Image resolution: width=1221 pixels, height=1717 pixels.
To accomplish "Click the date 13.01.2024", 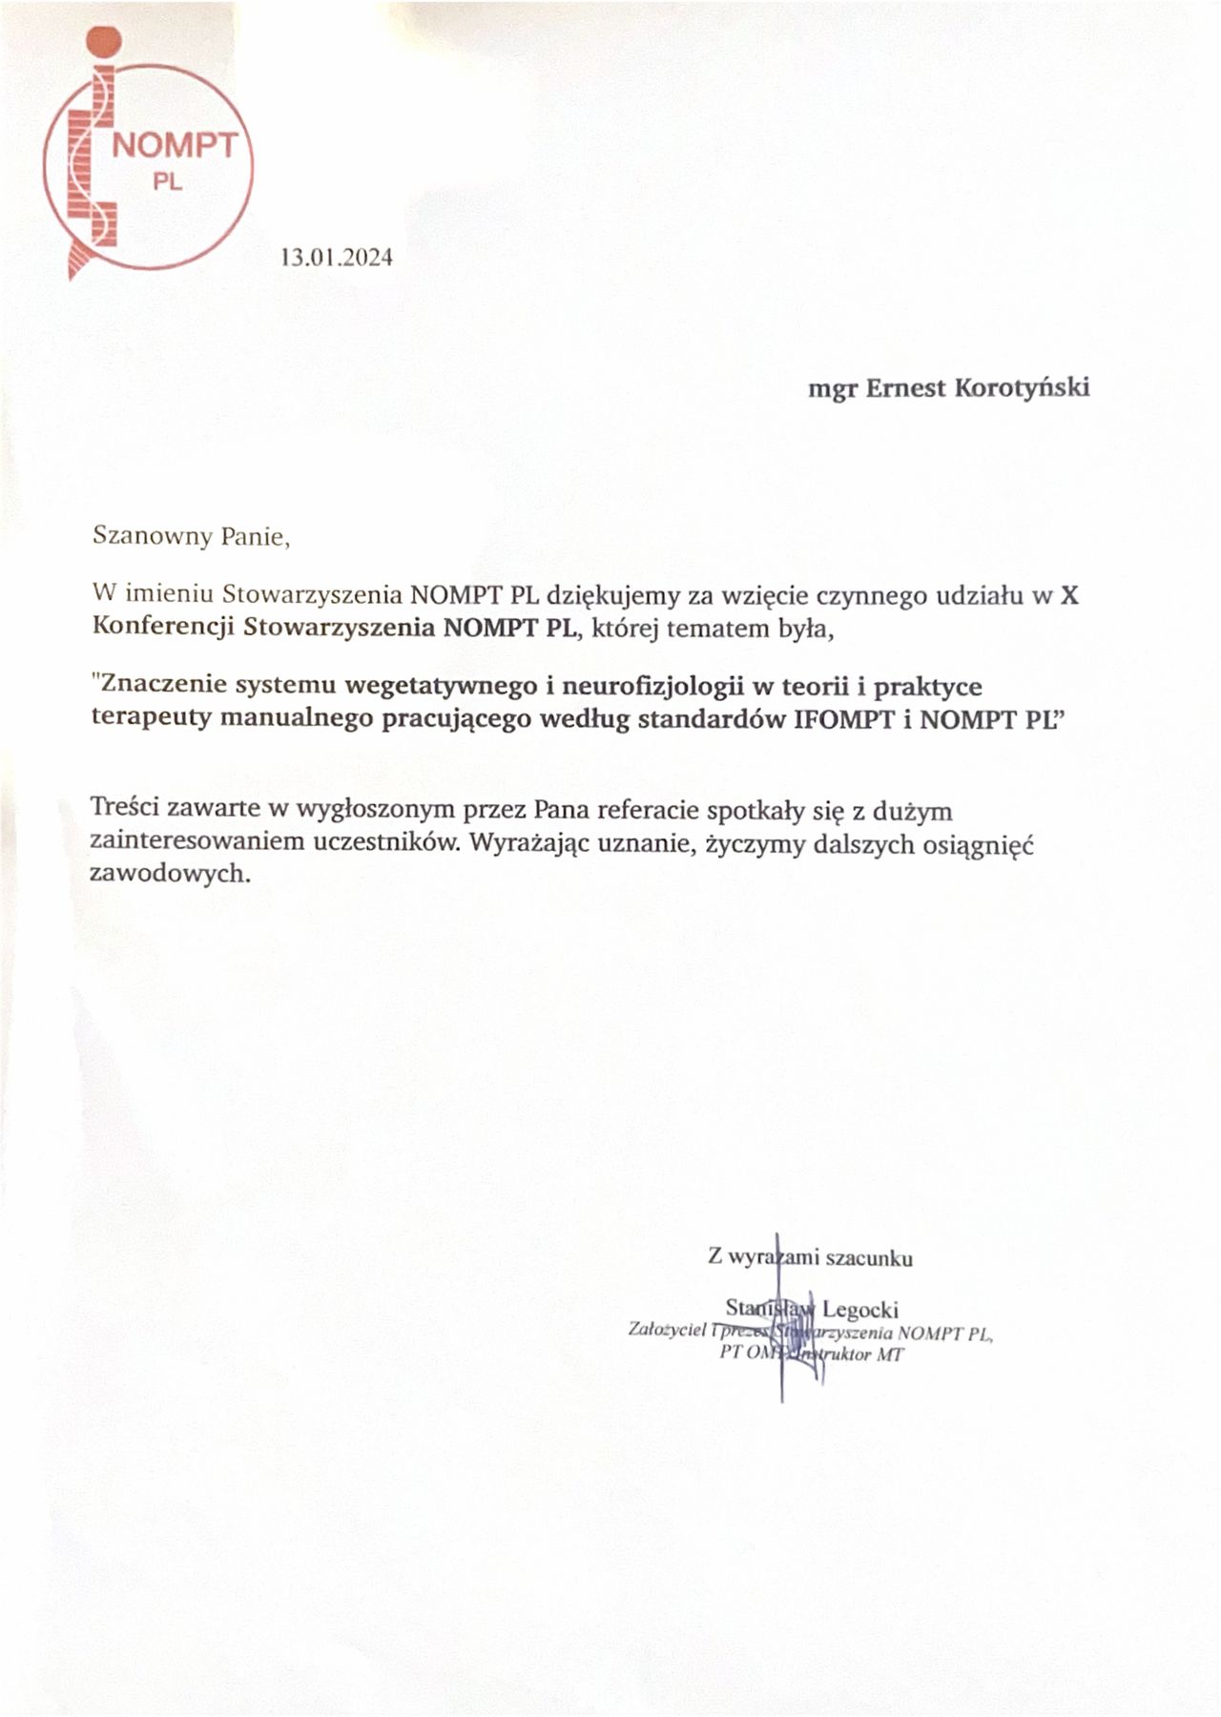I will (336, 258).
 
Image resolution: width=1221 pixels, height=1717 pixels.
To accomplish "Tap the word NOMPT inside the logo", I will (175, 146).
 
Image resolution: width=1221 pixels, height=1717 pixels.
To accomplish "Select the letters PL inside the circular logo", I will (168, 181).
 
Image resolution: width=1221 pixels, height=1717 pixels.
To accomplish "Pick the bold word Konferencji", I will (164, 628).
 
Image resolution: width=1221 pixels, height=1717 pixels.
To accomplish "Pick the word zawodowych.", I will (170, 874).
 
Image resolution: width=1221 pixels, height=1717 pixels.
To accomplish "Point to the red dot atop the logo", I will (101, 42).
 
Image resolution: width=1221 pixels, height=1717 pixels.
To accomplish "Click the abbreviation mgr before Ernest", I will (832, 389).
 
